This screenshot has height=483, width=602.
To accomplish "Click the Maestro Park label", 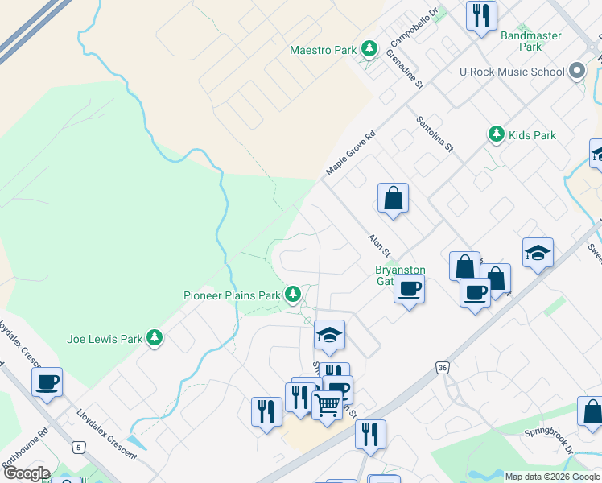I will (323, 50).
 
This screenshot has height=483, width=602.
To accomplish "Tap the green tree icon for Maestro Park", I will (369, 49).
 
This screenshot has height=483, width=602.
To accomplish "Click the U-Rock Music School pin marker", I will (576, 72).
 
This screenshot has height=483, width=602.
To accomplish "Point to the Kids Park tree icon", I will (497, 135).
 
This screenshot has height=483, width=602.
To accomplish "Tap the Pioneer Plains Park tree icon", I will (295, 295).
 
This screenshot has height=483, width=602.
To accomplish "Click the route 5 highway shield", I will (78, 446).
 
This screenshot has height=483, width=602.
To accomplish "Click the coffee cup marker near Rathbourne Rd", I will (47, 382).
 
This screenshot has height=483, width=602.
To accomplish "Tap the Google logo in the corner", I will (26, 473).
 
